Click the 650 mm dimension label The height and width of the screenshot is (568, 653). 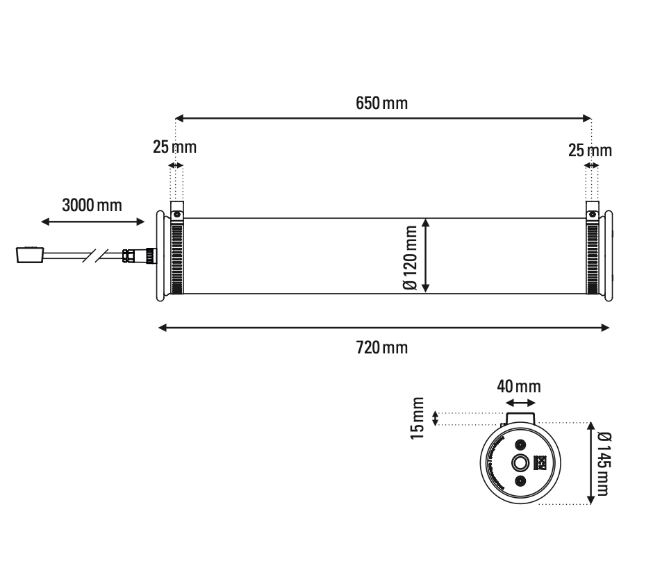pyautogui.click(x=381, y=104)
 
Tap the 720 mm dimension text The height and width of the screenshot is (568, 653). pyautogui.click(x=381, y=347)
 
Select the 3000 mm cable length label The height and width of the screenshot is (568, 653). pyautogui.click(x=92, y=206)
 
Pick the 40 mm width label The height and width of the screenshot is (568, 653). pyautogui.click(x=519, y=386)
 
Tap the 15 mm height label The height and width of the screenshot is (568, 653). pyautogui.click(x=417, y=419)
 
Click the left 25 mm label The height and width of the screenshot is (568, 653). pyautogui.click(x=174, y=147)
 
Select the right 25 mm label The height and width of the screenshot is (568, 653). pyautogui.click(x=590, y=150)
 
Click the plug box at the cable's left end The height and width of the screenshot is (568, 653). pyautogui.click(x=30, y=255)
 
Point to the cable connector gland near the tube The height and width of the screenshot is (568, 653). pyautogui.click(x=130, y=256)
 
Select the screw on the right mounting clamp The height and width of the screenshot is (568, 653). pyautogui.click(x=593, y=214)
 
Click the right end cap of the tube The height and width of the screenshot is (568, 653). pyautogui.click(x=609, y=256)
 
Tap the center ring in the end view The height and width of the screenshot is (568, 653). pyautogui.click(x=520, y=463)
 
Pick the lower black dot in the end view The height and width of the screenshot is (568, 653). pyautogui.click(x=520, y=481)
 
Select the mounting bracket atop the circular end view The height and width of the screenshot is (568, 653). pyautogui.click(x=520, y=417)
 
